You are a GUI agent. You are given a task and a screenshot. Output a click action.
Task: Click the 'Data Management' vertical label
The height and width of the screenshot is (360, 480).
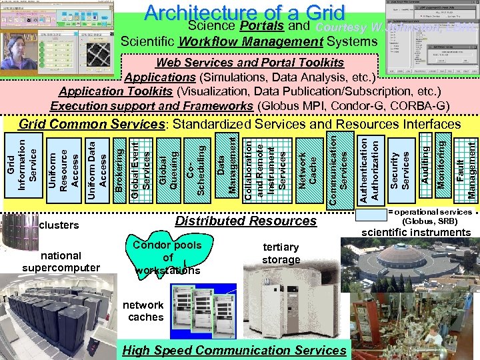[x=226, y=165]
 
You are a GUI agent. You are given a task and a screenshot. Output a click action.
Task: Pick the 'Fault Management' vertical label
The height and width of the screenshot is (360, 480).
[x=465, y=165]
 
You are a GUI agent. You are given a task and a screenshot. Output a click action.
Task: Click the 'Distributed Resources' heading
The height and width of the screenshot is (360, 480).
[x=245, y=221]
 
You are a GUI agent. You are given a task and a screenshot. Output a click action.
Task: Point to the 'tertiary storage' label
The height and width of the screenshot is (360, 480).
[x=281, y=253]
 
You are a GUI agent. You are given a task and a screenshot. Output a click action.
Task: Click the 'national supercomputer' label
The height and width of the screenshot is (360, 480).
[x=61, y=261]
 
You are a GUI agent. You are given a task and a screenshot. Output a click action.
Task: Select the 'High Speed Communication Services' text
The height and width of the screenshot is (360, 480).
[x=235, y=350]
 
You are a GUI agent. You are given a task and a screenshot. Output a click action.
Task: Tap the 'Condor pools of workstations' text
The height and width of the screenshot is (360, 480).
[x=168, y=257]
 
